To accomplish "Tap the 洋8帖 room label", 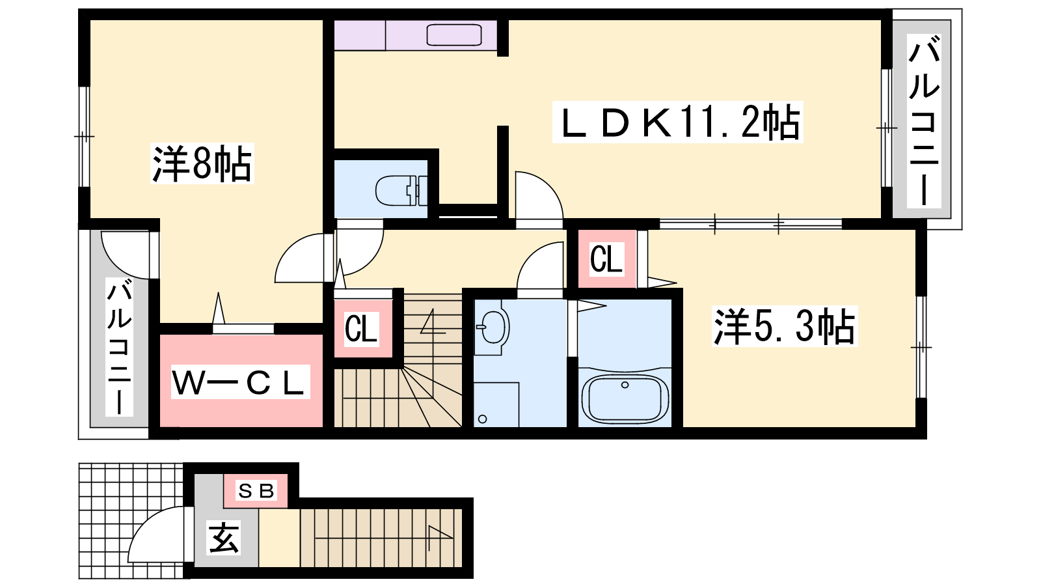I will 202,163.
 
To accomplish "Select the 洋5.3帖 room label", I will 784,326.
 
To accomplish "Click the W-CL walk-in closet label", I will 239,382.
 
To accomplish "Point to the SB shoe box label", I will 256,491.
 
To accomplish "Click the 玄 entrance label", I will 224,538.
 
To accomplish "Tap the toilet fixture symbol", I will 398,190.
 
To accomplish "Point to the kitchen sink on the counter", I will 453,35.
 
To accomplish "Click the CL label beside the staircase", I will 362,329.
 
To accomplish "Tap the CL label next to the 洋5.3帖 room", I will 606,259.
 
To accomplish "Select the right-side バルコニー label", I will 924,120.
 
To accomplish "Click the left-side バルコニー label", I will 120,348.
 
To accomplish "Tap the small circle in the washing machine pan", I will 482,419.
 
